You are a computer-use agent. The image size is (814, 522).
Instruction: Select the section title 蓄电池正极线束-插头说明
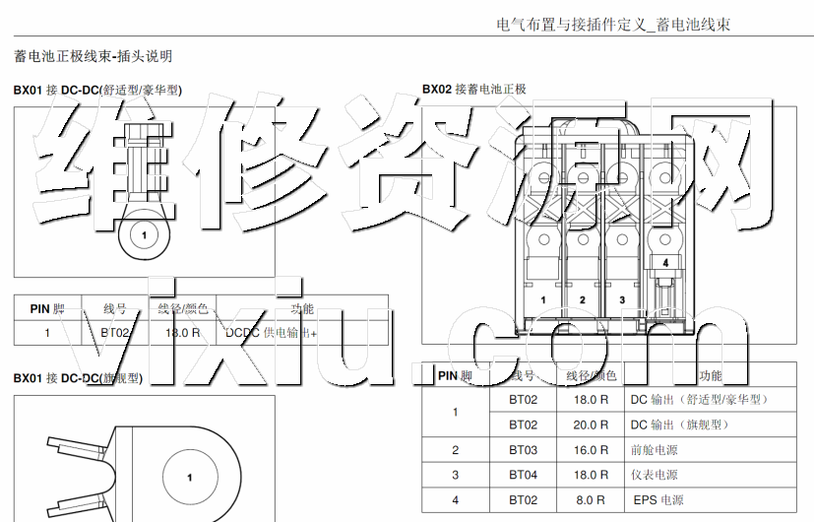(x=93, y=57)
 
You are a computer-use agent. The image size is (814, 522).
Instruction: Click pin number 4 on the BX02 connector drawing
(x=665, y=263)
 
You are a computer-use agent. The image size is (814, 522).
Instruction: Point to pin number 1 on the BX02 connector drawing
(x=542, y=299)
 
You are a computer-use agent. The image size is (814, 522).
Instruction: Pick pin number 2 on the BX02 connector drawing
(x=583, y=299)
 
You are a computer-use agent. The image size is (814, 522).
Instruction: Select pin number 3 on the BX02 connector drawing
(x=622, y=299)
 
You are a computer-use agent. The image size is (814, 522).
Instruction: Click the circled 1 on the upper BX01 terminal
(x=145, y=234)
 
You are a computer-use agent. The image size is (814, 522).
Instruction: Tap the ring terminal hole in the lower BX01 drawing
(x=190, y=477)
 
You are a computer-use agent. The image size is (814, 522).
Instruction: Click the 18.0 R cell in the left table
(x=182, y=333)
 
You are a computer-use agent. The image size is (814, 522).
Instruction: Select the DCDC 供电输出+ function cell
(x=272, y=333)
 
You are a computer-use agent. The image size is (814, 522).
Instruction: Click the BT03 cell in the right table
(x=524, y=450)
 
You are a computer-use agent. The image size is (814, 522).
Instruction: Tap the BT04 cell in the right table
(x=524, y=475)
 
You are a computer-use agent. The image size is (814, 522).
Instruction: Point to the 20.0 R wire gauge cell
(x=591, y=424)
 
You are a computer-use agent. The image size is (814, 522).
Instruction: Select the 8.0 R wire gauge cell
(x=591, y=500)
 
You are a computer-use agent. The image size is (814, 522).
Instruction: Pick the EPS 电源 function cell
(x=659, y=500)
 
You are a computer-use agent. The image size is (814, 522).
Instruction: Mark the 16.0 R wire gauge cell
(x=591, y=450)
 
